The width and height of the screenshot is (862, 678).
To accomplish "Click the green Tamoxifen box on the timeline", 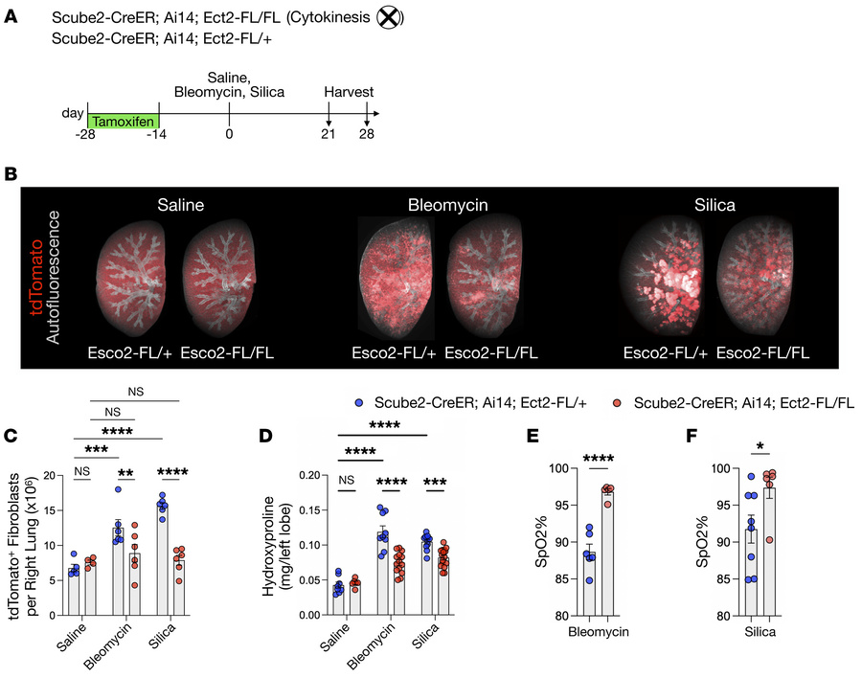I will [123, 122].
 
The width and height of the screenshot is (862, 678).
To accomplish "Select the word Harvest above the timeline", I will [348, 92].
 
